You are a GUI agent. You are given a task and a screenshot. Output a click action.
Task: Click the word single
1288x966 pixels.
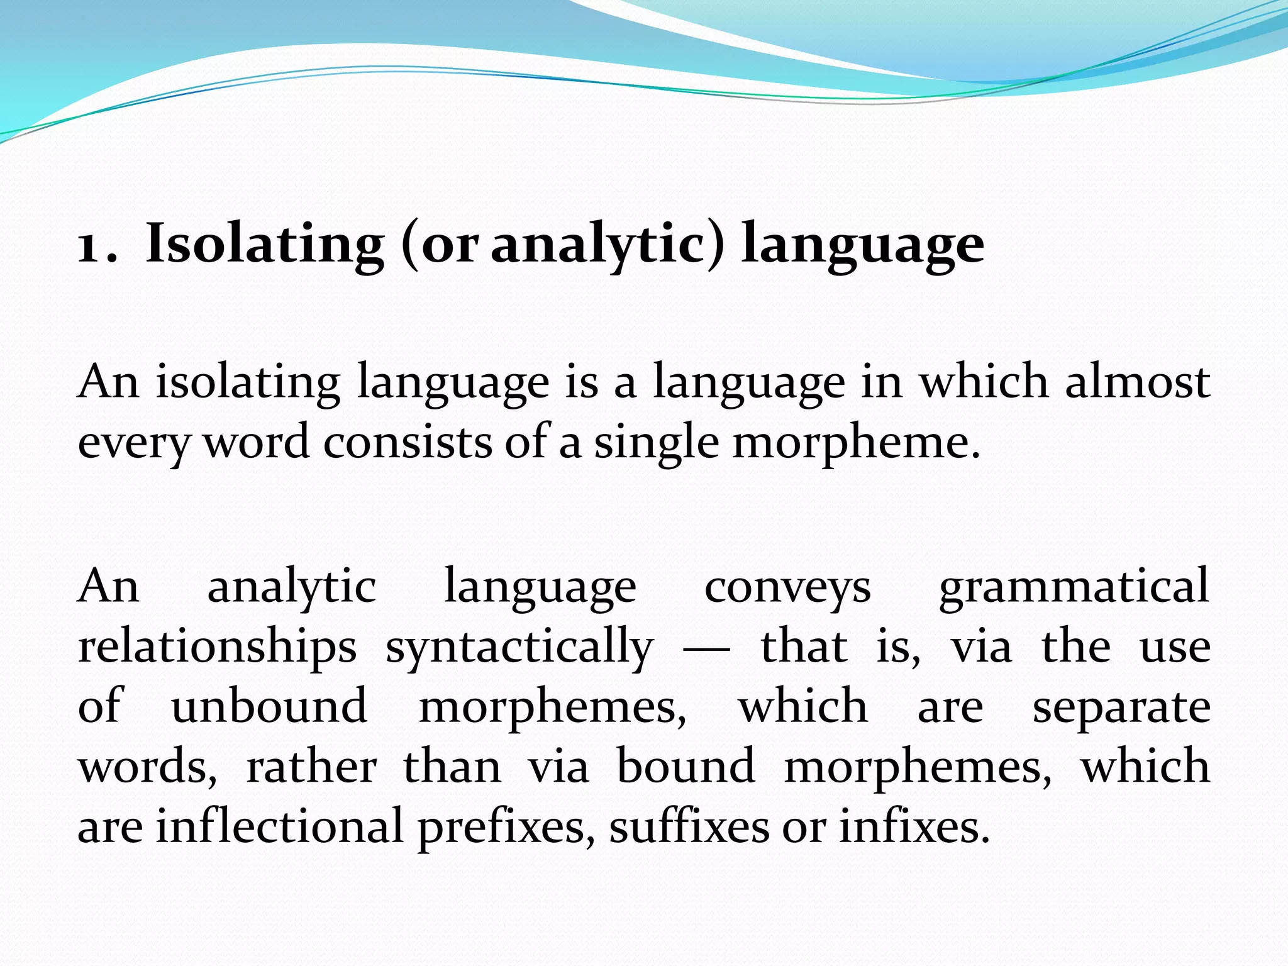pos(656,443)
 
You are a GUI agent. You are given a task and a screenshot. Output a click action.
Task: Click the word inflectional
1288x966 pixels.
pos(279,826)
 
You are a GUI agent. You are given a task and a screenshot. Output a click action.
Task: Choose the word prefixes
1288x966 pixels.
pos(501,826)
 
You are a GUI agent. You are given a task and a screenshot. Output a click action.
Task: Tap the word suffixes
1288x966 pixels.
pos(689,826)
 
